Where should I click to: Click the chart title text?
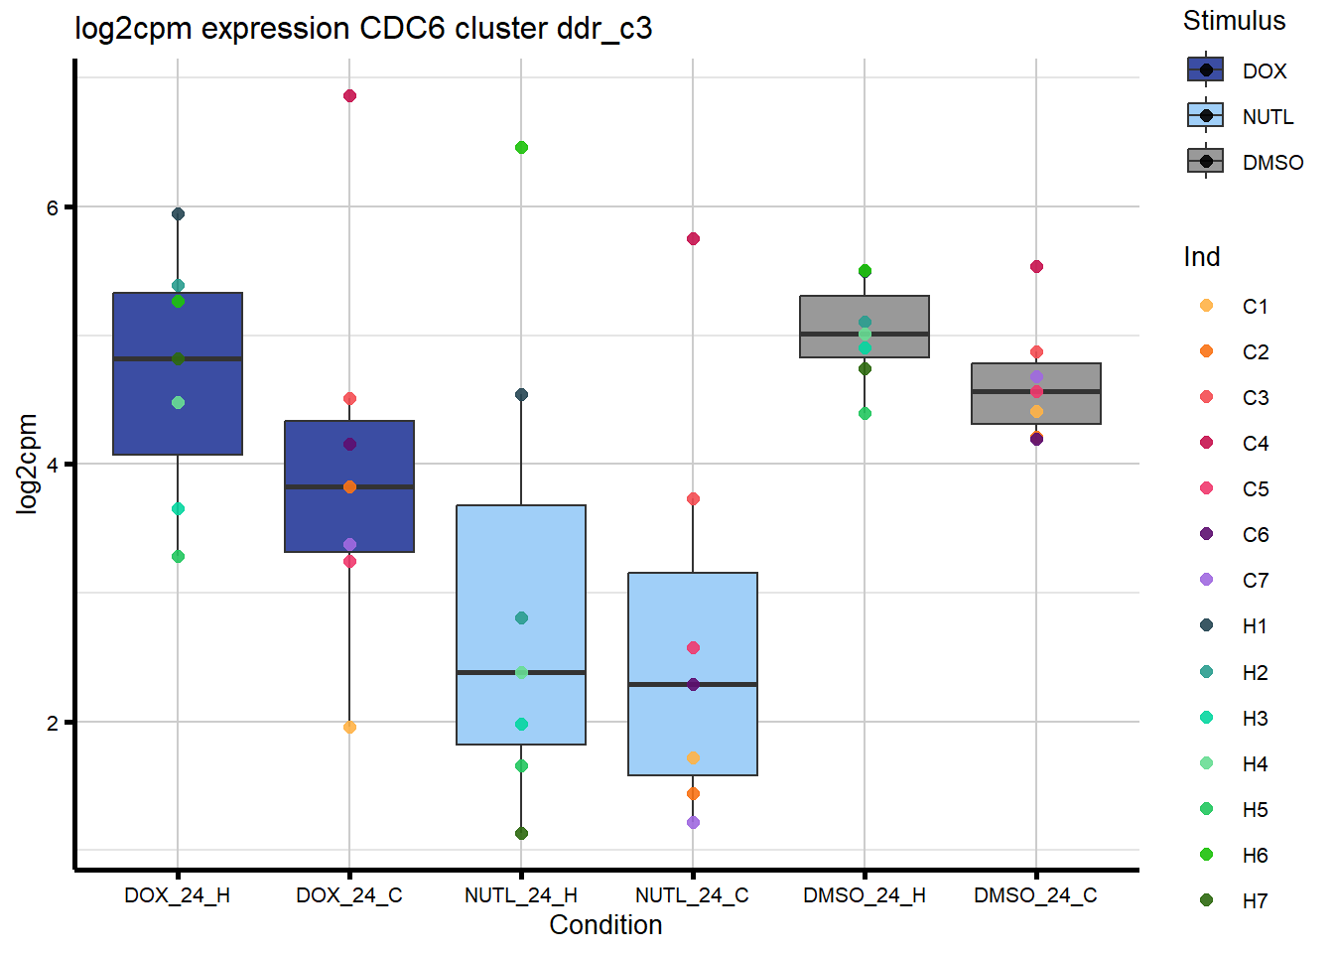(363, 28)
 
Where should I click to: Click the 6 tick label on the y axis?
(53, 207)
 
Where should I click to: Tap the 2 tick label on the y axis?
(53, 723)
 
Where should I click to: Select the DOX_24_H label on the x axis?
(177, 895)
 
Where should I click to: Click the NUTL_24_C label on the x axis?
(692, 895)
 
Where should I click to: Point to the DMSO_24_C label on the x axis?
(1035, 895)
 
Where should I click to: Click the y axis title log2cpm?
(27, 464)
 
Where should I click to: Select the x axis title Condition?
(605, 925)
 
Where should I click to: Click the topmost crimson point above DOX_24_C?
(349, 96)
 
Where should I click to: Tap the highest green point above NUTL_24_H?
(521, 148)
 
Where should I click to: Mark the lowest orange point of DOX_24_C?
(349, 728)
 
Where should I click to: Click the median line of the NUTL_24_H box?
(521, 673)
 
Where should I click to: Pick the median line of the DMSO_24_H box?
(865, 334)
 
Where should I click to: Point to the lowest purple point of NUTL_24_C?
(693, 823)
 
